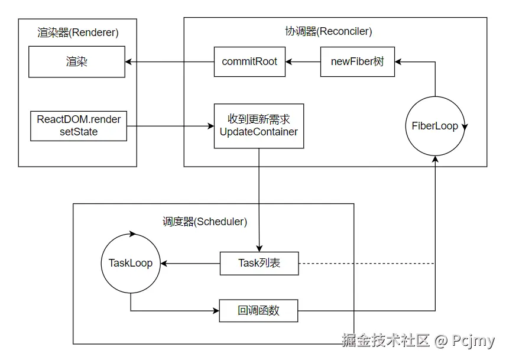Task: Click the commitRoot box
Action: (x=249, y=61)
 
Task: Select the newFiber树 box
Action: (x=358, y=61)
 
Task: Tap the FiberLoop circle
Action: (x=435, y=126)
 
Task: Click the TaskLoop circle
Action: (x=130, y=263)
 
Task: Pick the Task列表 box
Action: (x=259, y=263)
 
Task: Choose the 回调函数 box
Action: (x=258, y=310)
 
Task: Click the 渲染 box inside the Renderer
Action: (x=77, y=61)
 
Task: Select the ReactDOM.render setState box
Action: (x=79, y=125)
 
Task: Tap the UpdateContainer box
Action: (x=259, y=125)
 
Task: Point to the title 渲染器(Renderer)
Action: (x=78, y=33)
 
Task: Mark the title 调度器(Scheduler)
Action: (x=205, y=222)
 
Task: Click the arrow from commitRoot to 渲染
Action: (x=170, y=61)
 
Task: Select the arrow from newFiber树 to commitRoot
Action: (x=303, y=61)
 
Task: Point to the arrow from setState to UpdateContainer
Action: (x=170, y=125)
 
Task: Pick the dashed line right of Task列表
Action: (x=366, y=263)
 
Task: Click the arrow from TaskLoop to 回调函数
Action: (x=171, y=310)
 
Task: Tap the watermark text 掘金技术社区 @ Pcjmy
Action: (x=418, y=341)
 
